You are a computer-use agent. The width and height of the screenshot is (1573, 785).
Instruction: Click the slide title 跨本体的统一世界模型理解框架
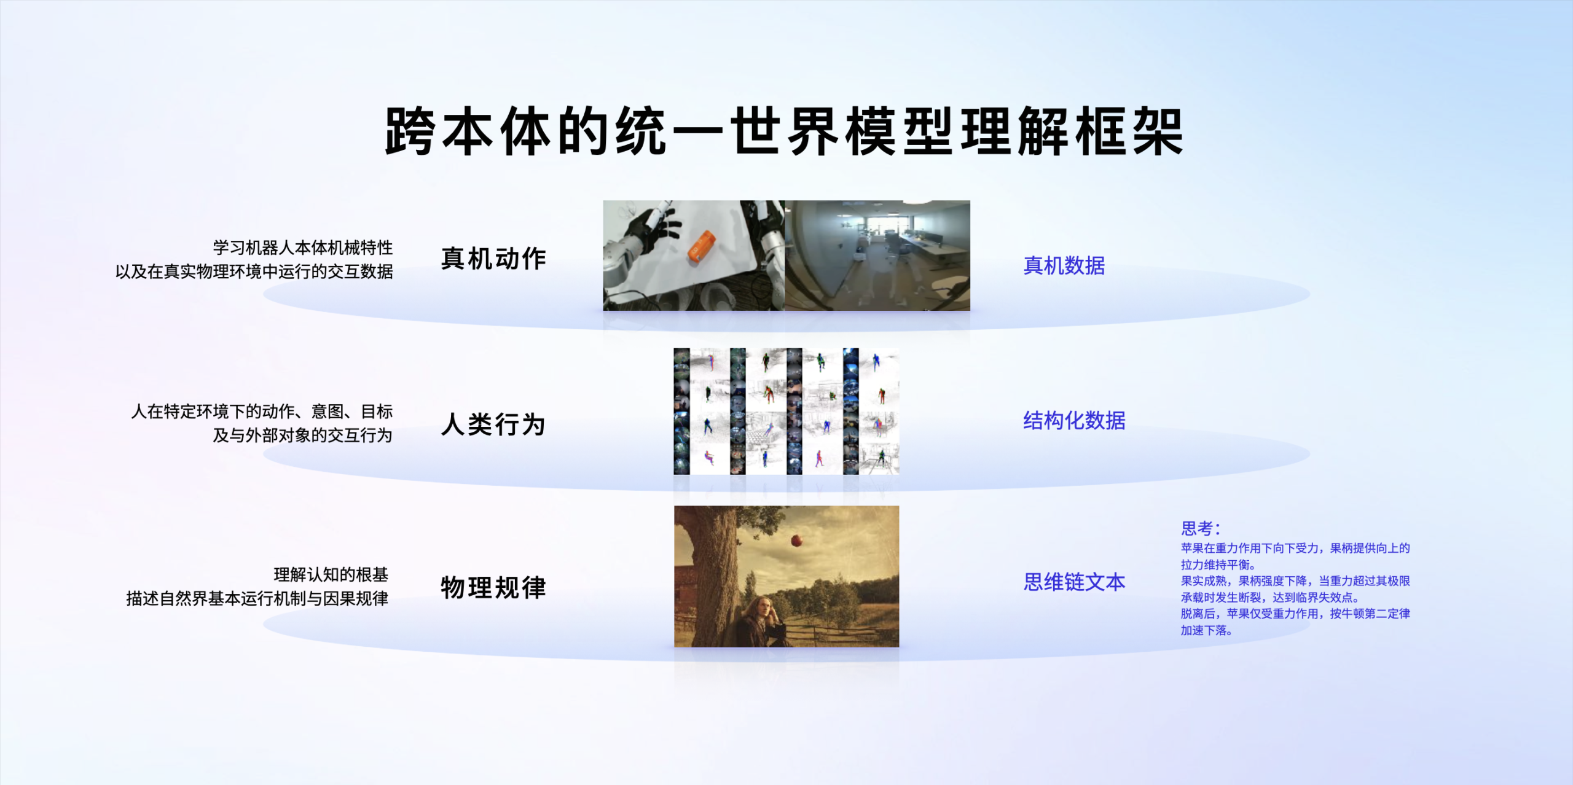click(x=784, y=131)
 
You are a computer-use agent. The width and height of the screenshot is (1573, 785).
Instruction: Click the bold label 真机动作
click(x=493, y=259)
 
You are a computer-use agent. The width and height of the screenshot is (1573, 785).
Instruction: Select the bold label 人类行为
click(x=493, y=424)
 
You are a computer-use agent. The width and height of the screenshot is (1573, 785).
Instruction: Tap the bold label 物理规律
click(x=493, y=588)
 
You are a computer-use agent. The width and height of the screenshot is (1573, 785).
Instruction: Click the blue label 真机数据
click(x=1064, y=265)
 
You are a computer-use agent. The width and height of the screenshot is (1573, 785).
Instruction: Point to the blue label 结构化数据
click(x=1074, y=421)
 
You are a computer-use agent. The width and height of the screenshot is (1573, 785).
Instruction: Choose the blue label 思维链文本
click(x=1074, y=582)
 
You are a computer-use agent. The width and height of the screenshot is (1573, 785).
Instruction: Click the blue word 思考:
click(x=1200, y=528)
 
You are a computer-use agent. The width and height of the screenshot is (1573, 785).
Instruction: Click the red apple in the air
click(x=796, y=541)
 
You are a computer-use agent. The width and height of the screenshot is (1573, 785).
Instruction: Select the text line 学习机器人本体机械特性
click(x=303, y=248)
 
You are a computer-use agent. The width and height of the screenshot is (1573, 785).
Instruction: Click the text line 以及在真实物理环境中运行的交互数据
click(x=254, y=271)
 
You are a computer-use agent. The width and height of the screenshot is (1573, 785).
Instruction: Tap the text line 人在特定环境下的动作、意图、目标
click(x=262, y=412)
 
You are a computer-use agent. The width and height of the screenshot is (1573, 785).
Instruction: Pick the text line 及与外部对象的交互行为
click(x=302, y=435)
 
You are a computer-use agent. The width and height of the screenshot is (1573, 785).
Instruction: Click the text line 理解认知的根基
click(x=331, y=575)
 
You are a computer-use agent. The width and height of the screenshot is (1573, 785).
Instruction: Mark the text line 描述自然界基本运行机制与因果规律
click(x=257, y=599)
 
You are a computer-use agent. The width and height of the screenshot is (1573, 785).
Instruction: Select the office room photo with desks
click(x=877, y=256)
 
